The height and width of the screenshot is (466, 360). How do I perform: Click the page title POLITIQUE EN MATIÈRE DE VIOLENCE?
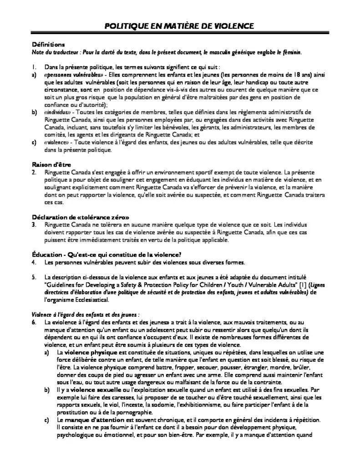pyautogui.click(x=180, y=26)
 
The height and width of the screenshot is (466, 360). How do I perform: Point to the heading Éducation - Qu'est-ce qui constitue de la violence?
pyautogui.click(x=107, y=254)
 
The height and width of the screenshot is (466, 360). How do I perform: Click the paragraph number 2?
pyautogui.click(x=34, y=173)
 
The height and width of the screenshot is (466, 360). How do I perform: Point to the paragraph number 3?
pyautogui.click(x=34, y=225)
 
